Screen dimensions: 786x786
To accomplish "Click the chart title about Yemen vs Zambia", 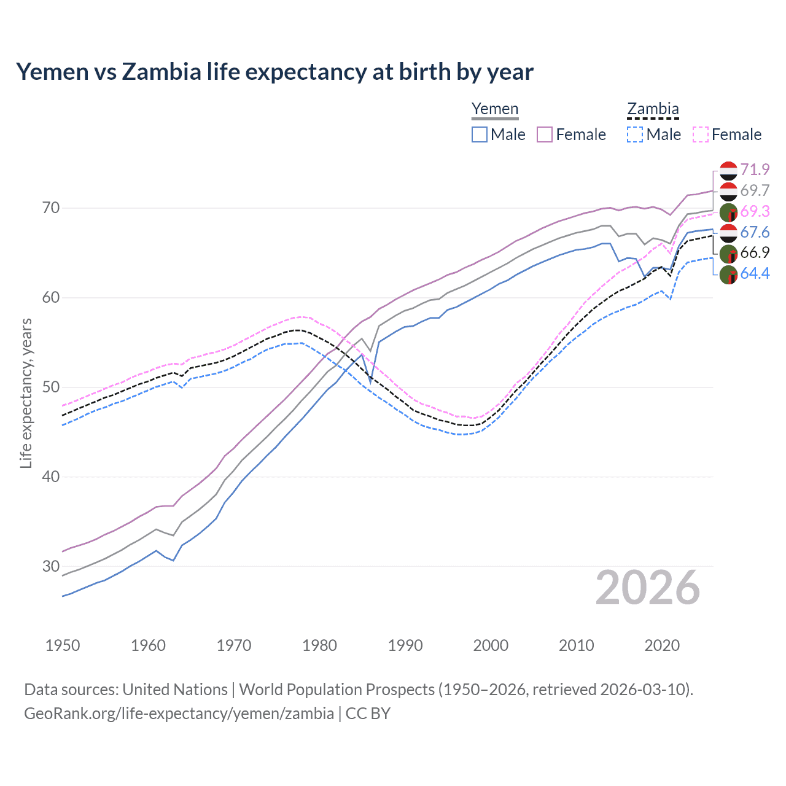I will point(274,72).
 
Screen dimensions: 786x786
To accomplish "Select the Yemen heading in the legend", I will point(495,109).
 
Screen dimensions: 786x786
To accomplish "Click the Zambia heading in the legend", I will point(653,109).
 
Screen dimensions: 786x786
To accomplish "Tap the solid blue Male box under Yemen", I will point(480,134).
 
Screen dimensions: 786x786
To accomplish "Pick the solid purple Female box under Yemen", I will point(545,134).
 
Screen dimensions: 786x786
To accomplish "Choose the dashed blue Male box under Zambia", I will point(635,134).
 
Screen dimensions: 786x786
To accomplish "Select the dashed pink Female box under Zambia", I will point(701,134).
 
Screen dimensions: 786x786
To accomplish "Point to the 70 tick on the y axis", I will point(51,208).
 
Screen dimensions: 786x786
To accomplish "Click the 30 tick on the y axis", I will point(51,566).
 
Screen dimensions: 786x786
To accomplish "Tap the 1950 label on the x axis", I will point(63,645).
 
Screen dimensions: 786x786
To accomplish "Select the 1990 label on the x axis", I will point(405,645).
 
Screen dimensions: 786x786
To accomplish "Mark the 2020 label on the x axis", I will point(662,645).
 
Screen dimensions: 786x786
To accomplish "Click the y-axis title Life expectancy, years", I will point(26,393).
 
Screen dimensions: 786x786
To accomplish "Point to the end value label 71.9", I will point(755,169).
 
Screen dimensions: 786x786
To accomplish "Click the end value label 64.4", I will point(755,274).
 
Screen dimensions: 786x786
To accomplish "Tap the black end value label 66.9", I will point(755,253).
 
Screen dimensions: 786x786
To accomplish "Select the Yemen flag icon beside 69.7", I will point(728,191).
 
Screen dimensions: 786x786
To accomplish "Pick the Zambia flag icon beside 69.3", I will point(728,212).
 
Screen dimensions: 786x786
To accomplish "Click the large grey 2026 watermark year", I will point(647,588).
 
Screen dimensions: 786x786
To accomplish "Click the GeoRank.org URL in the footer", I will point(179,714).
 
